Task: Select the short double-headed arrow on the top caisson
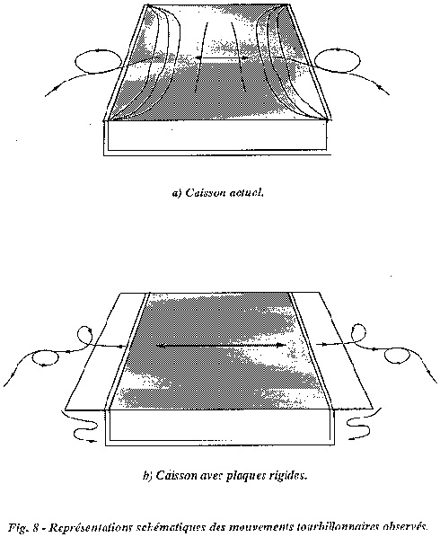click(222, 58)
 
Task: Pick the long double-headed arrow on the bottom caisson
click(221, 346)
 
